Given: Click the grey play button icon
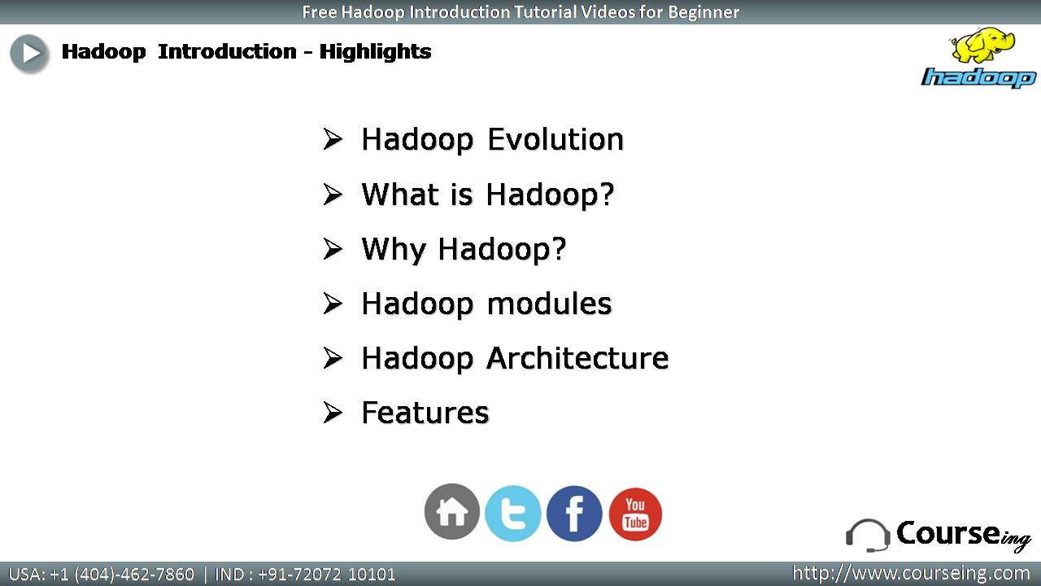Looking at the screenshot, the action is [28, 54].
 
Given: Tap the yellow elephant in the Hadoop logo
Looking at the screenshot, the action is [982, 45].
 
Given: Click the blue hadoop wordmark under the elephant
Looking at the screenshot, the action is [978, 77].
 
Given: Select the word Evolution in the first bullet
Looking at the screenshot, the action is [555, 139].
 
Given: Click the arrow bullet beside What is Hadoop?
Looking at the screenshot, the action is [333, 194].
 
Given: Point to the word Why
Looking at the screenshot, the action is [394, 250].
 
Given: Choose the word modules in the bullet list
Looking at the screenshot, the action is [549, 304].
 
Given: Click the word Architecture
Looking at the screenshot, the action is [577, 358].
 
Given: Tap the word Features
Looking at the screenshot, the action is [425, 413].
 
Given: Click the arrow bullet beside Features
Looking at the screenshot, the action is [333, 413].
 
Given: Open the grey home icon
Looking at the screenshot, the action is [451, 512].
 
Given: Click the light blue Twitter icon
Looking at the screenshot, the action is [512, 514].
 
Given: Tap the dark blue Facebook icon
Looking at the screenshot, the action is [574, 514].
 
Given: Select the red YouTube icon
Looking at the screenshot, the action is [635, 514].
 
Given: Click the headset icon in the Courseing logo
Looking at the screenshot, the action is [868, 536].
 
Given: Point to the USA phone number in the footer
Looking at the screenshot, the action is [102, 575].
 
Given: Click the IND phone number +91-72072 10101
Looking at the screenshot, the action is [305, 575].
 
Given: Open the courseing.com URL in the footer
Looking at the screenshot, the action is [911, 573].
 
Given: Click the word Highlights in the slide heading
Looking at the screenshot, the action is [376, 51].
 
